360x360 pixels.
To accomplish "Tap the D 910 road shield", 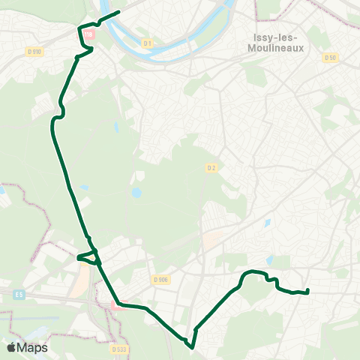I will (x=33, y=52).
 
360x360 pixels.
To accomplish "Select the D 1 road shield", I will (x=148, y=43).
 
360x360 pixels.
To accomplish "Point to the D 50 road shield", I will (x=331, y=57).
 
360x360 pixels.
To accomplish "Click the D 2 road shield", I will (x=211, y=168).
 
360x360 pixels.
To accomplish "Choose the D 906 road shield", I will (x=160, y=279).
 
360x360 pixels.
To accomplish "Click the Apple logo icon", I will (x=11, y=347).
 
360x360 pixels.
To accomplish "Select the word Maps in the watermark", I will (x=33, y=347).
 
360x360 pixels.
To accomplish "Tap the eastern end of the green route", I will (x=308, y=291).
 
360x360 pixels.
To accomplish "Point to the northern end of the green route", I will (x=118, y=12).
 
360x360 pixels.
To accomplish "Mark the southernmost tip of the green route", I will (x=191, y=347).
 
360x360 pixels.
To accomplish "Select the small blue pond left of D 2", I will (x=136, y=193).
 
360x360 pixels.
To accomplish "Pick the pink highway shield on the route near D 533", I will (x=115, y=304).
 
